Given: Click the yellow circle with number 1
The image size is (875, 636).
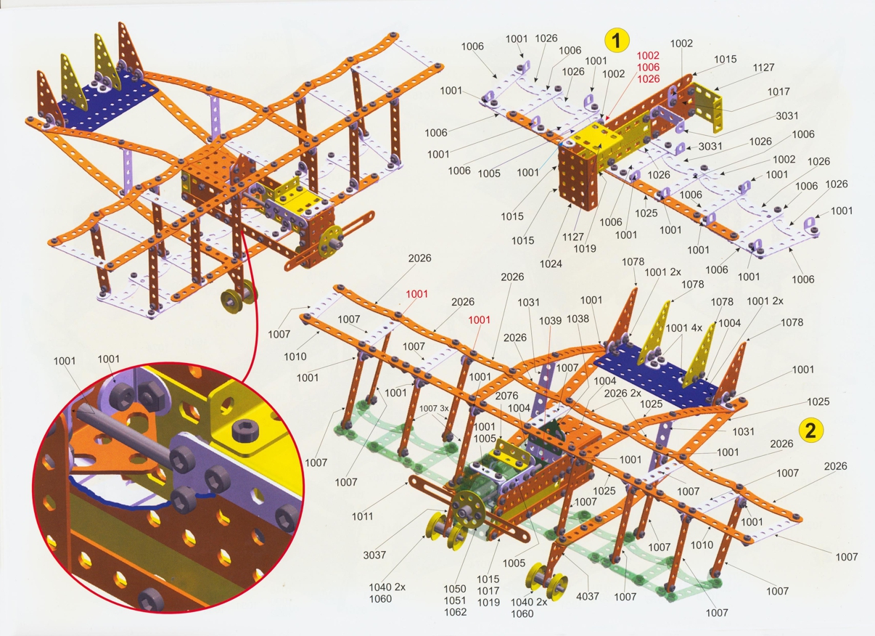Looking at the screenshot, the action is pos(617,40).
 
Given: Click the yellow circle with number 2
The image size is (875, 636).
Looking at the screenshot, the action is pos(810,430).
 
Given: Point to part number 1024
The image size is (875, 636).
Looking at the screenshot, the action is pos(551,264).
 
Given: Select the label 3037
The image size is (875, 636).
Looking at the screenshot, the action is pos(374,555).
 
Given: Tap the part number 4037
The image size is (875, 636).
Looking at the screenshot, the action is pos(588,596).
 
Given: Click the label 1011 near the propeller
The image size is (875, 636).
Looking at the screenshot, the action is pos(363,516).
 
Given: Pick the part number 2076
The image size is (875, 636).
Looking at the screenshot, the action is pos(506,396).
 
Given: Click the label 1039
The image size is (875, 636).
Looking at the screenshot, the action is pos(551,320).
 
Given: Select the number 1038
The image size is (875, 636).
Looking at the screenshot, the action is pos(578,319).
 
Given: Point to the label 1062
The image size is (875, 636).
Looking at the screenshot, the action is pos(456,612).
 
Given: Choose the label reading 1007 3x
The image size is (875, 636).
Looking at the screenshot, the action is pos(434,409).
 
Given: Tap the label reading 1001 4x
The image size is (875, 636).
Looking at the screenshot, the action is pos(683,327).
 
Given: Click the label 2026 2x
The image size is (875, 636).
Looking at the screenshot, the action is pos(623,394).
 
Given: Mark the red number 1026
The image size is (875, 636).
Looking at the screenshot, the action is pos(649,79).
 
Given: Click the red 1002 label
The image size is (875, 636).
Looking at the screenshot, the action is pos(649,55).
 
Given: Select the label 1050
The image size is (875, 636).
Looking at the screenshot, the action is pos(455,589).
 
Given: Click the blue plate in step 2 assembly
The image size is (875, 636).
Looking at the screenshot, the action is pos(656,375).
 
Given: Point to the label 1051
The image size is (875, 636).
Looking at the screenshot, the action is pos(455,600).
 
